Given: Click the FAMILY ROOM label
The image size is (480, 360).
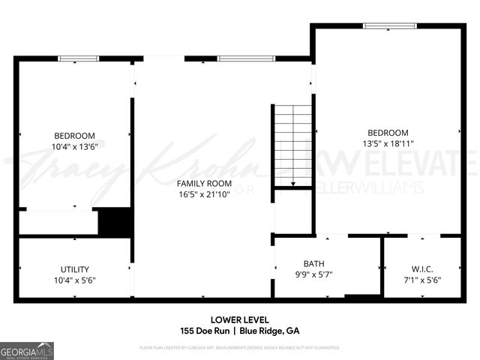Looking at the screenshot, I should coord(204,183).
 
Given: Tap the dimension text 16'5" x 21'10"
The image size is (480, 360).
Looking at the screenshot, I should coord(204,194).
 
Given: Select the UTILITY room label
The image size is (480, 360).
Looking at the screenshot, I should coord(75,269).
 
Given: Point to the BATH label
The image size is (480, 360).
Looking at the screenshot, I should coord(313,263).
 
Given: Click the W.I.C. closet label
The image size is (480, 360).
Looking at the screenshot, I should coord(423,268).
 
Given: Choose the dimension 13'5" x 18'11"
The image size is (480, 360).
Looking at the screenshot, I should coord(388,143).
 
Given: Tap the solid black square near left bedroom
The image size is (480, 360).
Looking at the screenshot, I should coord(115,223).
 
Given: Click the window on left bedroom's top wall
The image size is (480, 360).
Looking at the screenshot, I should coord(79,58).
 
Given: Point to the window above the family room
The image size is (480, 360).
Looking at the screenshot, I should coord(246,58).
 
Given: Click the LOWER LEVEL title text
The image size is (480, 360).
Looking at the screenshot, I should coord(240,320).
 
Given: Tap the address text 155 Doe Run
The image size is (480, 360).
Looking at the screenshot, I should coord(204,331).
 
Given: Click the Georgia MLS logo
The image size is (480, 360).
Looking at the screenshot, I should coord(27,351).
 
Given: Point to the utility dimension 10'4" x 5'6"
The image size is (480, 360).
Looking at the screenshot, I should coord(73,280).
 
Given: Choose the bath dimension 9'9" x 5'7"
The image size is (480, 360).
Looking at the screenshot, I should coord(313,274).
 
